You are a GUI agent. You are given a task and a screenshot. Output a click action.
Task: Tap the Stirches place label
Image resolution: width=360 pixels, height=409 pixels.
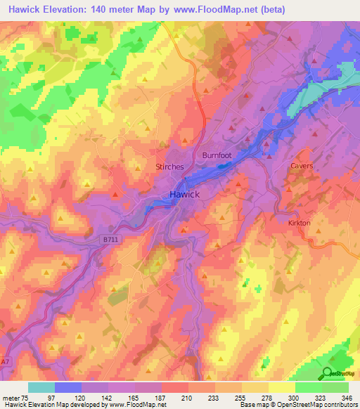(x=169, y=167)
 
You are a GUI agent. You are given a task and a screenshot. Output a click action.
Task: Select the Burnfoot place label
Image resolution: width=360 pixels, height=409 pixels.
(x=217, y=155)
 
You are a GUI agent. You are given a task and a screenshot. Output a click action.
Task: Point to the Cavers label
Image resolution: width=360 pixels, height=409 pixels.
(x=301, y=166)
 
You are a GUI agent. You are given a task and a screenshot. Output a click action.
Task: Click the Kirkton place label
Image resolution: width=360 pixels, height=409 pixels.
(x=299, y=222)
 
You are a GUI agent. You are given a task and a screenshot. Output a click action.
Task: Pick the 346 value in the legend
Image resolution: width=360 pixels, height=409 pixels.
(x=348, y=398)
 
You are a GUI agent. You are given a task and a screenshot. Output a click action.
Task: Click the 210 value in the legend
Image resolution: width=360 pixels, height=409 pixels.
(x=188, y=398)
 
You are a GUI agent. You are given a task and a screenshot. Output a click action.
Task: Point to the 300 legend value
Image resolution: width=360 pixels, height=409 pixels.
(x=295, y=398)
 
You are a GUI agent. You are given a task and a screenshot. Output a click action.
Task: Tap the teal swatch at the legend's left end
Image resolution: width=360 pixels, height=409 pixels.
(x=41, y=387)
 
